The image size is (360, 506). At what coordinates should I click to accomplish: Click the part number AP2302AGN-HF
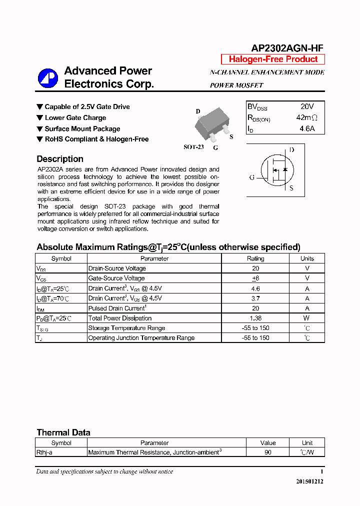click(x=287, y=48)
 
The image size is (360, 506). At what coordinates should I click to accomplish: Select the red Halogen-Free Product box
click(x=273, y=59)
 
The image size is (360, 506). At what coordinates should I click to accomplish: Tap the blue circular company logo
click(x=48, y=78)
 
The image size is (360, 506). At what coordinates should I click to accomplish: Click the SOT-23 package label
click(x=193, y=147)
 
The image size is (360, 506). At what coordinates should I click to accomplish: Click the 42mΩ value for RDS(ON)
click(x=306, y=118)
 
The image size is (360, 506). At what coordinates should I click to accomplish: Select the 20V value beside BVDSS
click(x=307, y=107)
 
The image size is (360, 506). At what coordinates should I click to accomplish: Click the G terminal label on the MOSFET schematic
click(x=252, y=177)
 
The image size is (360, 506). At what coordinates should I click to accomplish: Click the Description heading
click(x=60, y=159)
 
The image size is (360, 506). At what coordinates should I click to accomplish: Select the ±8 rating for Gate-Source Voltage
click(x=255, y=278)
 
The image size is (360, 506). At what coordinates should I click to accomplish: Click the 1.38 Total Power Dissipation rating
click(x=255, y=318)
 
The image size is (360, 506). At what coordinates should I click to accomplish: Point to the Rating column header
click(x=255, y=258)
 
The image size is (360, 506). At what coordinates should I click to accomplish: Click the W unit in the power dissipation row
click(x=306, y=318)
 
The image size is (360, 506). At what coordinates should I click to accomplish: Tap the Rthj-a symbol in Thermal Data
click(x=44, y=452)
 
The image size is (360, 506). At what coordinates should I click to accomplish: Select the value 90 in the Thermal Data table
click(x=268, y=452)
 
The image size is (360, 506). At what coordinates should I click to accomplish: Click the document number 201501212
click(x=309, y=481)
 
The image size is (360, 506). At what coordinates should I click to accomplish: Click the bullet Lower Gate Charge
click(x=75, y=118)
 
